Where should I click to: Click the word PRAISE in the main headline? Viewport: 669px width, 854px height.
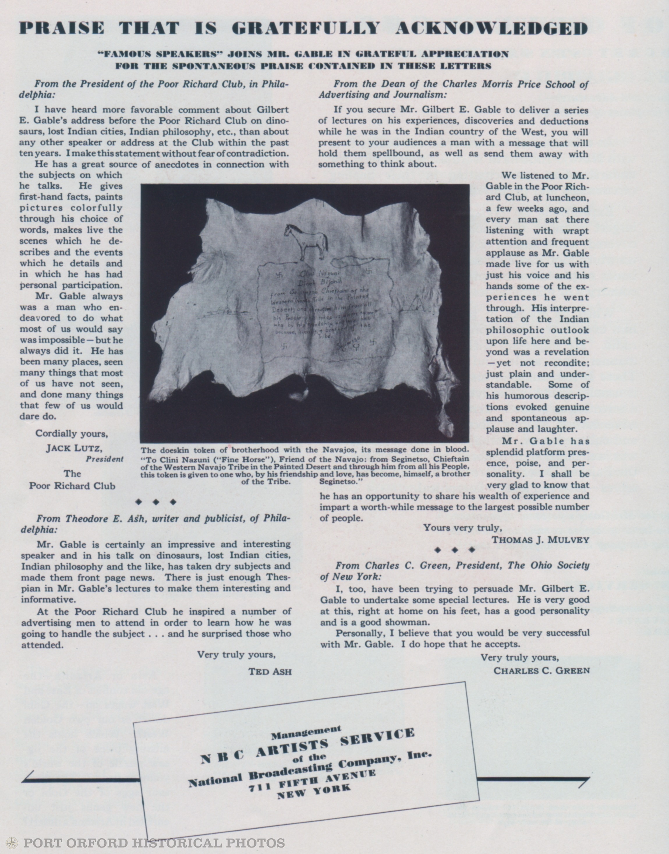(62, 28)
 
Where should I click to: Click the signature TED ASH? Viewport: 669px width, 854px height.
(270, 672)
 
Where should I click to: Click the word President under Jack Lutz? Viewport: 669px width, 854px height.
(105, 459)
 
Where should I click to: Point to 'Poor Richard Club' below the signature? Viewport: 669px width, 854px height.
(72, 486)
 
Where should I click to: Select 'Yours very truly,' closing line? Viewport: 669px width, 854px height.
(462, 527)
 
